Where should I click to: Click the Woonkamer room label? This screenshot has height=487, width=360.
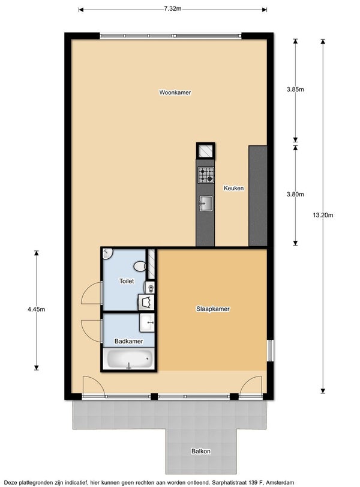tap(175, 92)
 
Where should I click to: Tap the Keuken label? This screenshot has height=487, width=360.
tap(233, 188)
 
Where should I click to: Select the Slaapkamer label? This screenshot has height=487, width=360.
tap(213, 309)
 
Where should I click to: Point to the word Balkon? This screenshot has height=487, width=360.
tap(201, 452)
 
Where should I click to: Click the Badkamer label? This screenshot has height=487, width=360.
tap(129, 341)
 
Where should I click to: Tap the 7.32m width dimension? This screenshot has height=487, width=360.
tap(173, 8)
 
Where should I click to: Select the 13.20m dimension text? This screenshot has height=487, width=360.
tap(323, 215)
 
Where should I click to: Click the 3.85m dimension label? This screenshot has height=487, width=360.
tap(295, 89)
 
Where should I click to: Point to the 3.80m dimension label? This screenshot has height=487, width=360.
tap(295, 195)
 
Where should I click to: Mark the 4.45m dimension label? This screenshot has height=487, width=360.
tap(37, 309)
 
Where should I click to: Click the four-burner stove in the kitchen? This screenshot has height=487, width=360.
tap(206, 175)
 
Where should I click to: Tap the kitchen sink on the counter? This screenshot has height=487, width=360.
tap(206, 204)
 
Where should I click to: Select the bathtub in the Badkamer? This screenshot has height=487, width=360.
tap(130, 359)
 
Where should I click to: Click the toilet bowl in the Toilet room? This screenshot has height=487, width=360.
tap(140, 267)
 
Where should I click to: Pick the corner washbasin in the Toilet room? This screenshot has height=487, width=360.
tap(107, 253)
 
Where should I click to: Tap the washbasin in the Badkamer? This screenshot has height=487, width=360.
tap(147, 322)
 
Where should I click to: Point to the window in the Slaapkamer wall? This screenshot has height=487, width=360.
tap(271, 351)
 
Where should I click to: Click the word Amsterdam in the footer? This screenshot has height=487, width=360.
tap(280, 483)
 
